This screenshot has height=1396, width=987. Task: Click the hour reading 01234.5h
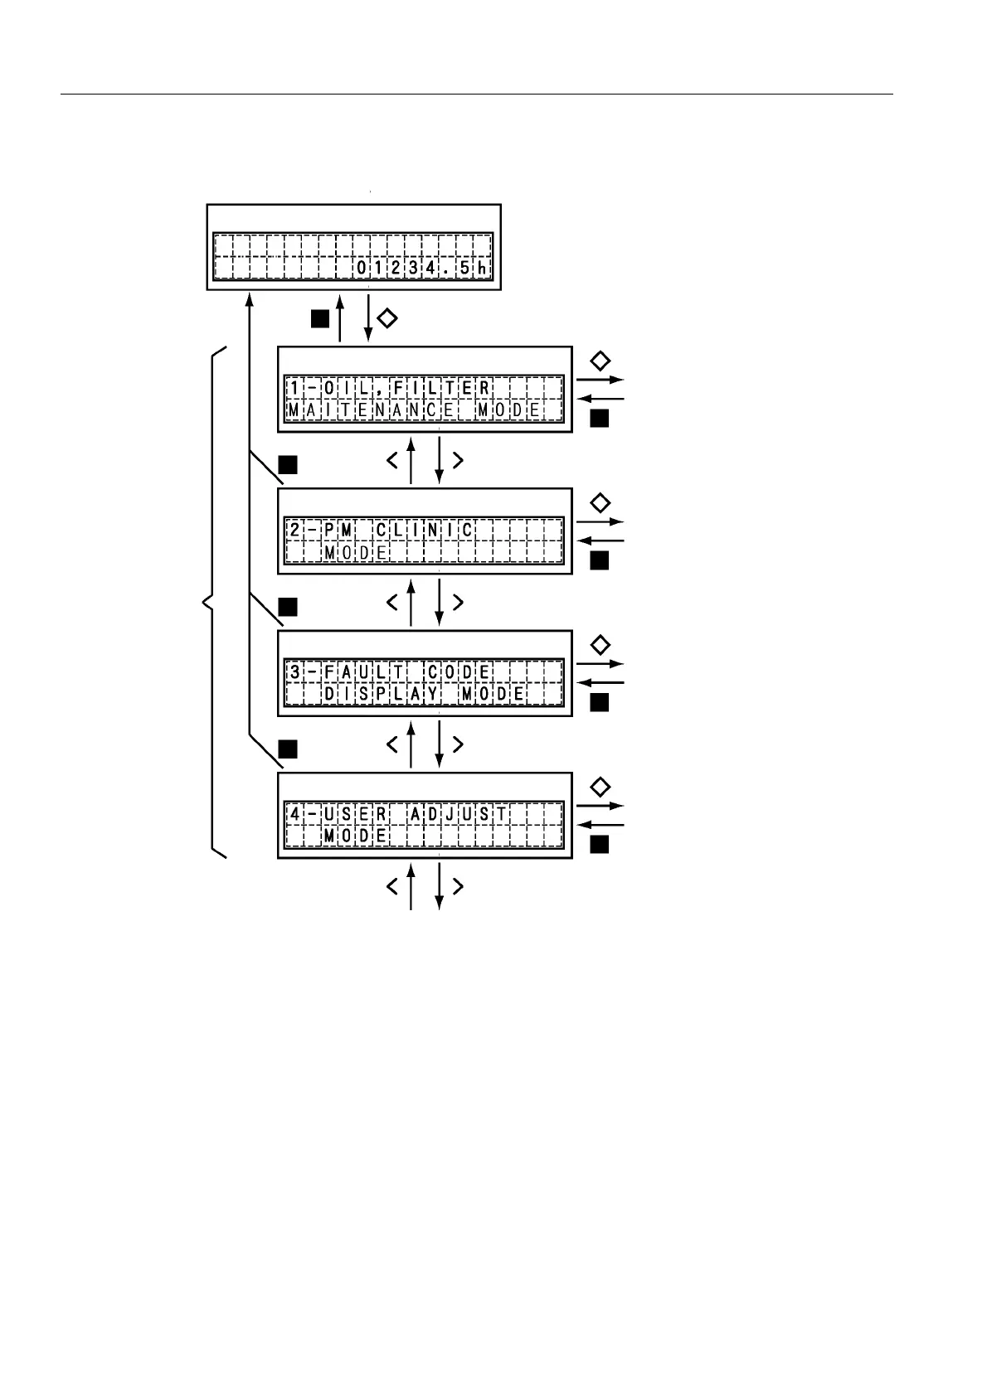click(422, 269)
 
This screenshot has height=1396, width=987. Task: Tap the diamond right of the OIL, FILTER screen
click(600, 361)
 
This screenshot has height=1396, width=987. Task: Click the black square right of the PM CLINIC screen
click(600, 561)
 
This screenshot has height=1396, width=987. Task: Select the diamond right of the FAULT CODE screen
click(600, 645)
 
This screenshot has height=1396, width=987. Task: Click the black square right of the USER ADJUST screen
click(600, 845)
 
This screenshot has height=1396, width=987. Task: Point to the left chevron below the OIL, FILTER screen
click(392, 460)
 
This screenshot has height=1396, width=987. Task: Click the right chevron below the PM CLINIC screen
click(458, 602)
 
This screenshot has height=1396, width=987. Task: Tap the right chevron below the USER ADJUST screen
click(458, 886)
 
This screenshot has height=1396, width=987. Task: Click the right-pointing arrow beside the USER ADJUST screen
click(600, 806)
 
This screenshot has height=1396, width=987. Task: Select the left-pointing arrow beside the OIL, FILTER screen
click(600, 399)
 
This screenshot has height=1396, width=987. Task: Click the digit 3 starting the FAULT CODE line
click(294, 671)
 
